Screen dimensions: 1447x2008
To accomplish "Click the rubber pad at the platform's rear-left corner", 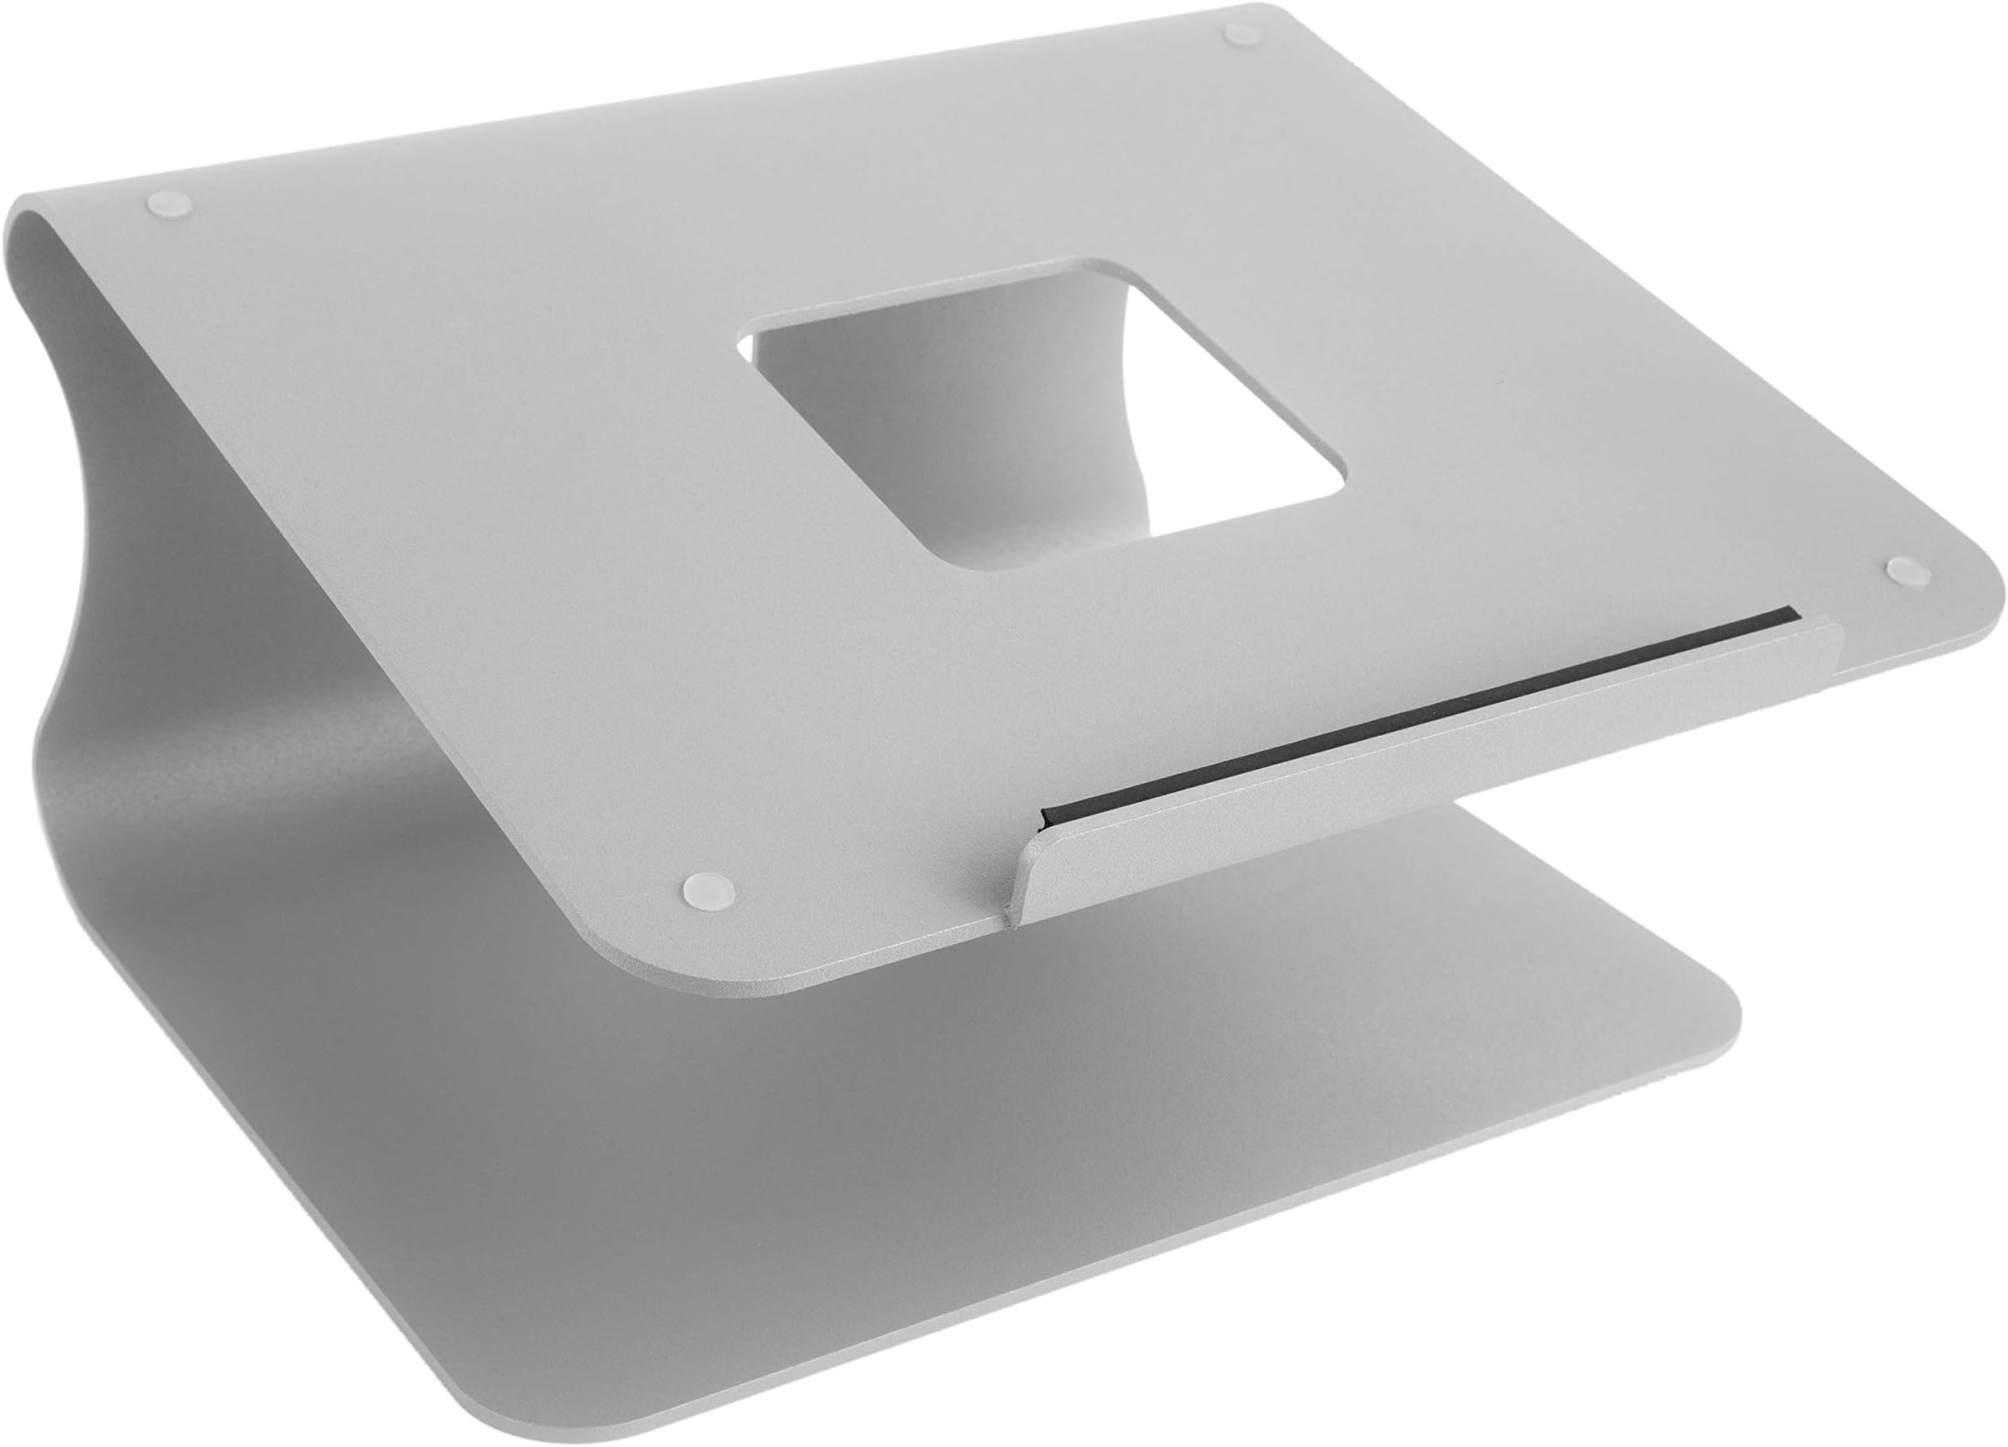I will click(x=171, y=203).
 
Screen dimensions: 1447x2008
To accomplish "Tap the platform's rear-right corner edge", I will click(x=1275, y=13).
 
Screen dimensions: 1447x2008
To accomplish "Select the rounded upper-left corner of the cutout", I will click(x=762, y=332).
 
